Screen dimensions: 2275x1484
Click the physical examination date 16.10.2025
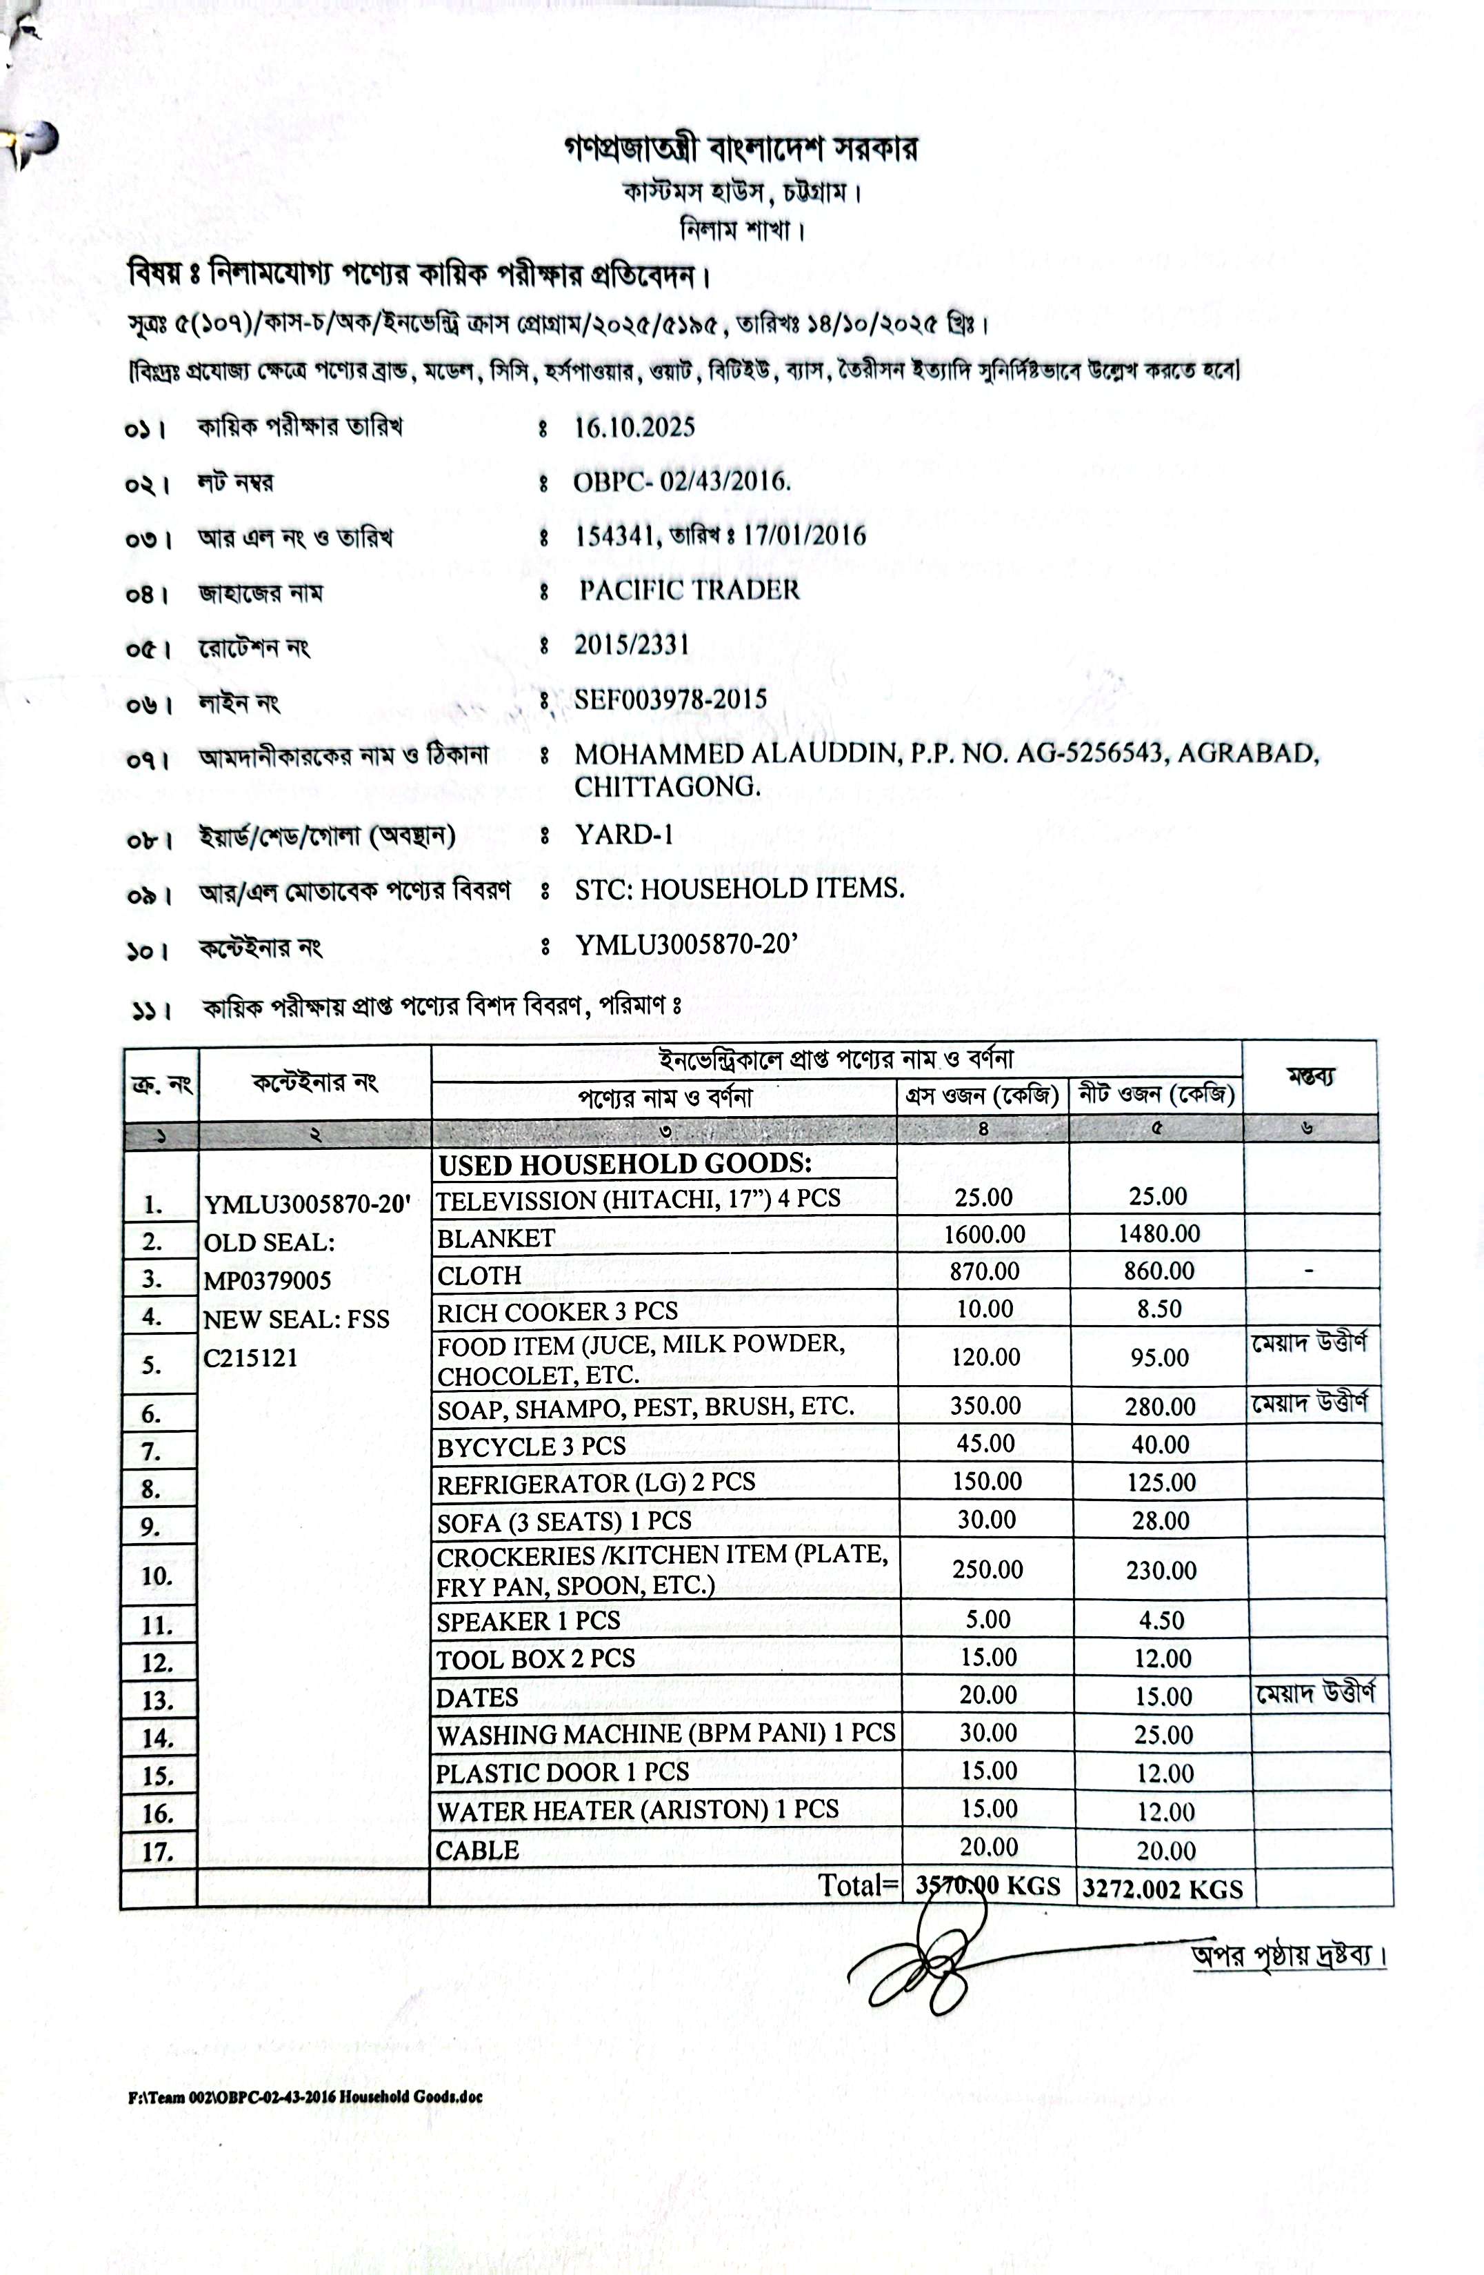click(634, 427)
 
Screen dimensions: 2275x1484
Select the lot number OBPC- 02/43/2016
click(681, 481)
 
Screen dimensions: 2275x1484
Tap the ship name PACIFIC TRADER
click(689, 590)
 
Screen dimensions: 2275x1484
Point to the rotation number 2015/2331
click(631, 645)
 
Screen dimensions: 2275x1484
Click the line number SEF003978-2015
click(670, 699)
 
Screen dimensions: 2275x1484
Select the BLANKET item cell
click(496, 1238)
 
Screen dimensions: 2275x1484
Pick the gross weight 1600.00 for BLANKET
click(984, 1234)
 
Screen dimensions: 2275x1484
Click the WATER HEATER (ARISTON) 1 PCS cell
click(636, 1809)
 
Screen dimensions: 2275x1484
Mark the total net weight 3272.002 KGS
click(1162, 1889)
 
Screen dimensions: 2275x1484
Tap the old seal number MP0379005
click(267, 1281)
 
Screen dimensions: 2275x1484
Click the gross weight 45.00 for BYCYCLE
click(985, 1443)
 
